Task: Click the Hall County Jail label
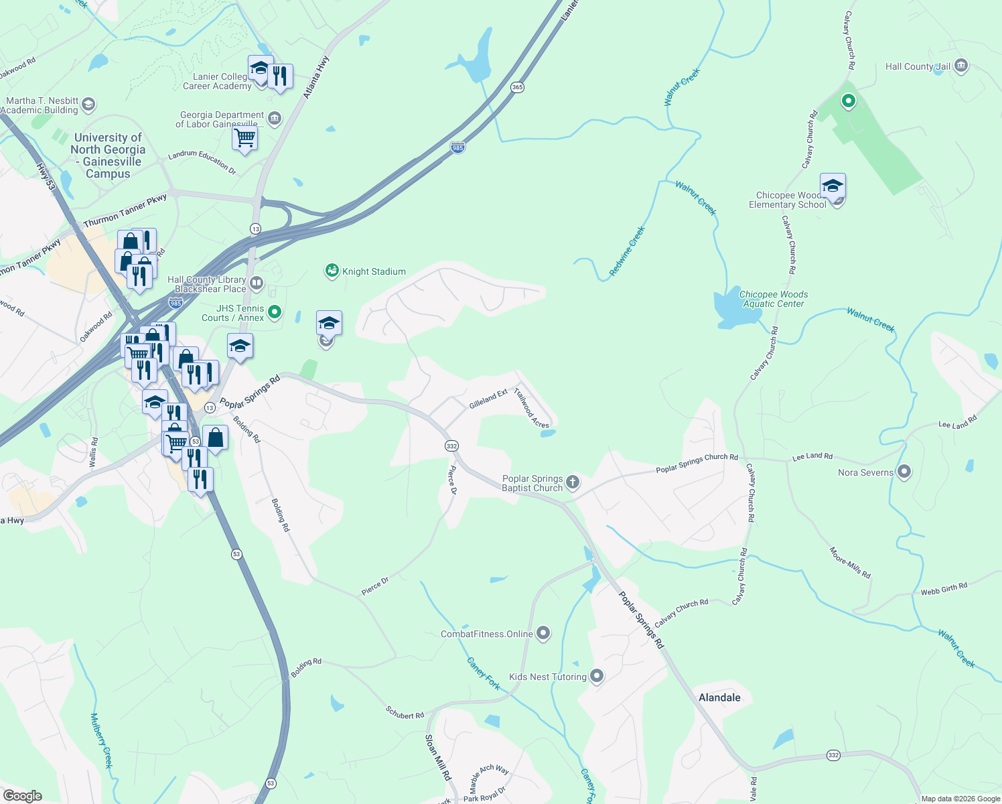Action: tap(918, 66)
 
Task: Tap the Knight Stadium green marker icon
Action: tap(332, 271)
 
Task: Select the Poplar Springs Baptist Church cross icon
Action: tap(573, 482)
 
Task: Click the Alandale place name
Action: tap(719, 697)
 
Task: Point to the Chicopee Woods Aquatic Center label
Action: tap(773, 299)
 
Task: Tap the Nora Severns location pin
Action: tap(904, 472)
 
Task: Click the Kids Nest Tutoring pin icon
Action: tap(596, 676)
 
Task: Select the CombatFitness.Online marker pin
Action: tap(543, 632)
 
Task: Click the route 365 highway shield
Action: tap(517, 87)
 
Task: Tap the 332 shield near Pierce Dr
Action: tap(451, 446)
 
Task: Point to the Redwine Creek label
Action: tap(627, 251)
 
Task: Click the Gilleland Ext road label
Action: tap(488, 399)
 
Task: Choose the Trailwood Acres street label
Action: tap(532, 407)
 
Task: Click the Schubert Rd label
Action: tap(405, 712)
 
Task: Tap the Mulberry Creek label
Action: tap(102, 740)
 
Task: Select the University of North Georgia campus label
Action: tap(108, 155)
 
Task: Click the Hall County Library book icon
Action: tap(256, 283)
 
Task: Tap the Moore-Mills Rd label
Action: tap(850, 563)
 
